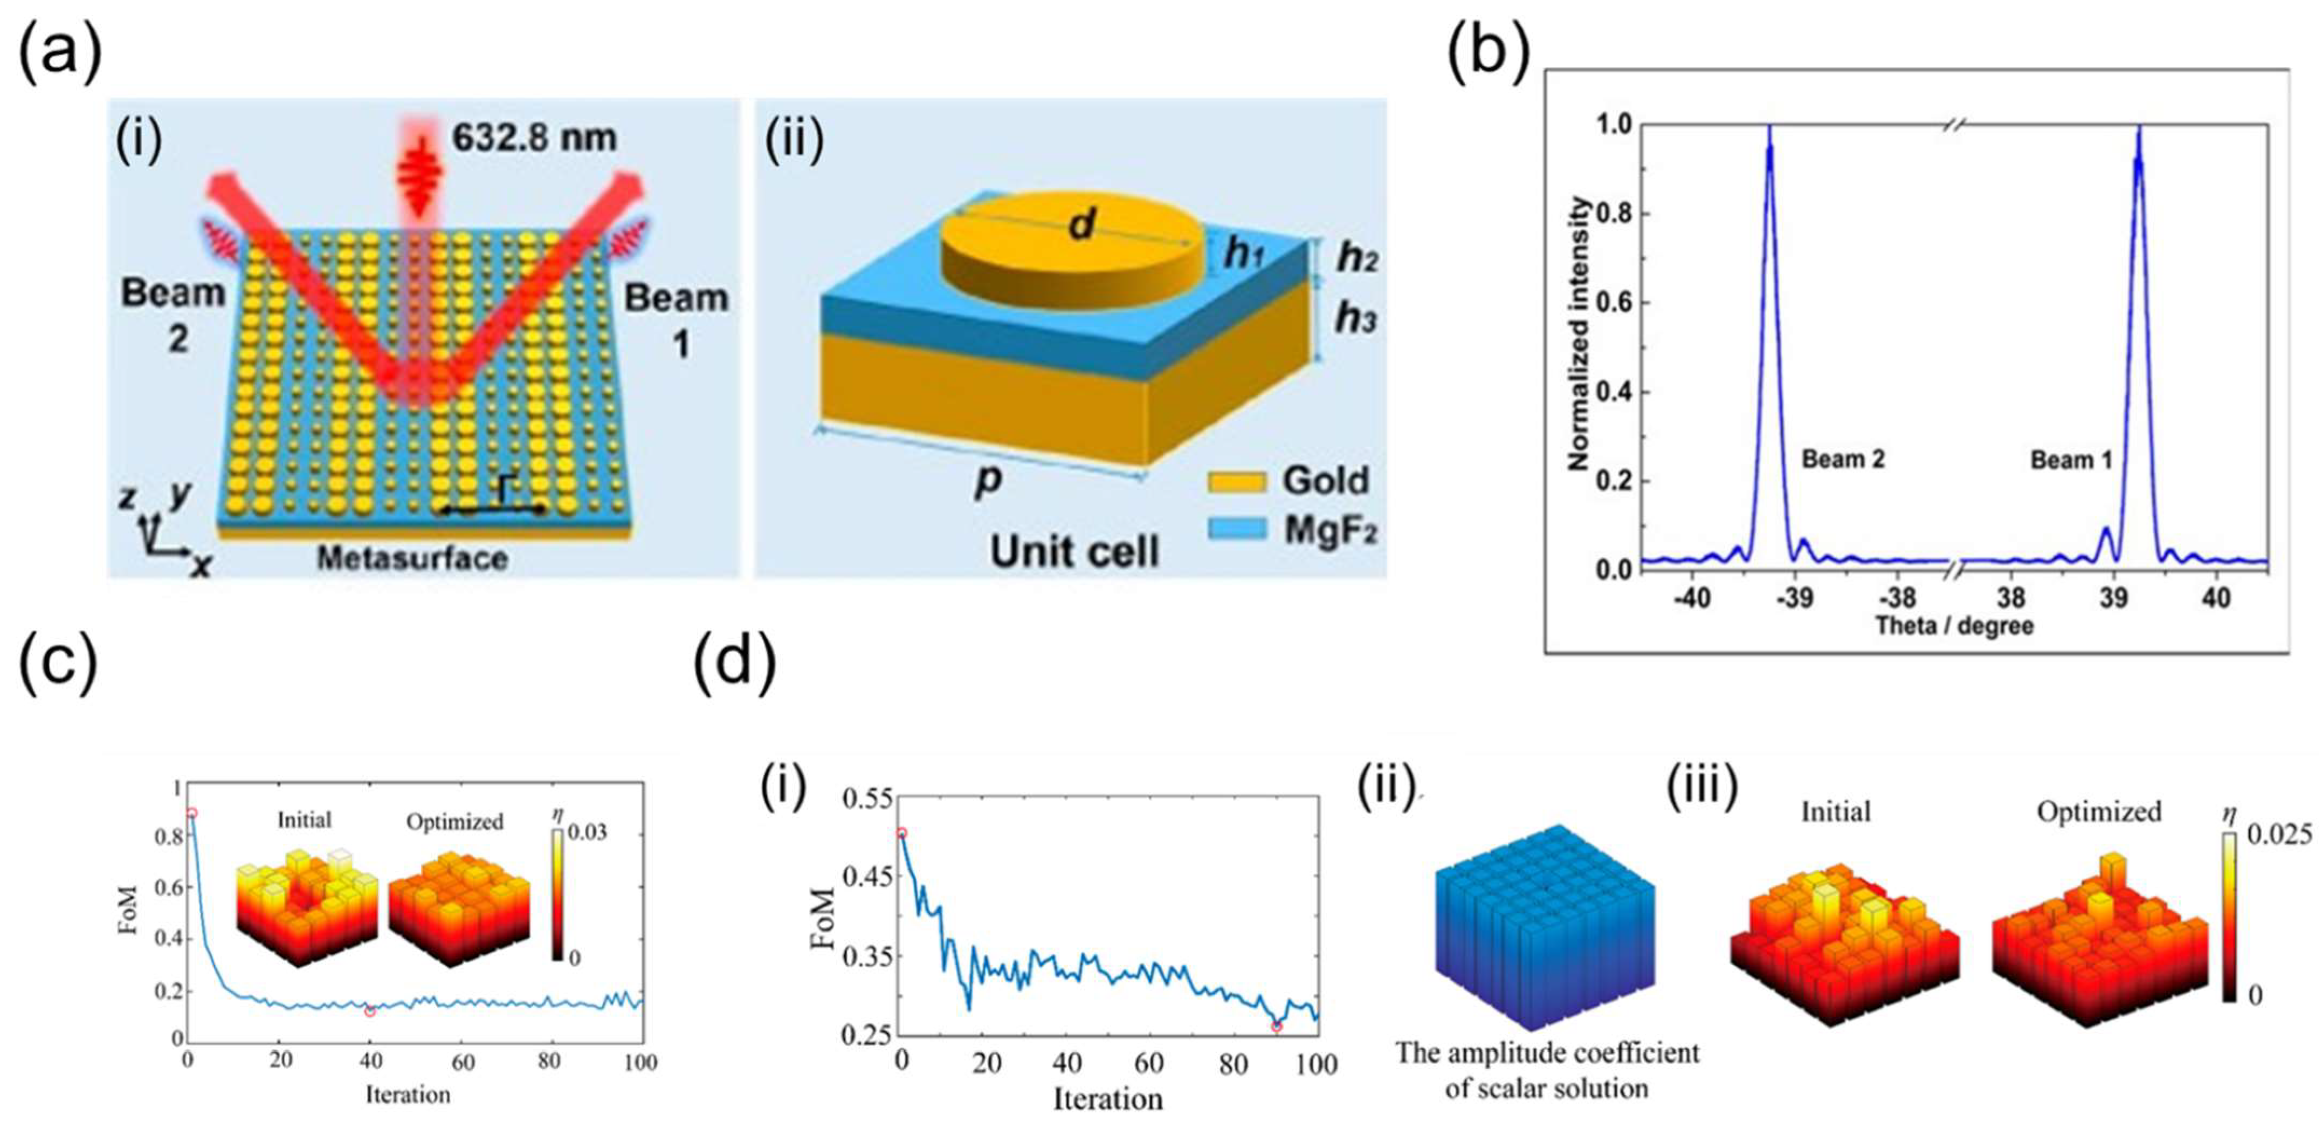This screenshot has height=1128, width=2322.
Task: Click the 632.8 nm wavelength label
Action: [534, 138]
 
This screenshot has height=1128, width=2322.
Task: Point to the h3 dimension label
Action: [1355, 318]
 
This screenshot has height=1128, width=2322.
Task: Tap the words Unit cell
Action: [1074, 550]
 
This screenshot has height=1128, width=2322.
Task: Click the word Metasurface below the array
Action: [412, 558]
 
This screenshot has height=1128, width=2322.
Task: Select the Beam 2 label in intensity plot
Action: [1843, 459]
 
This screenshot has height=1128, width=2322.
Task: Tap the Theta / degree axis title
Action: [1954, 626]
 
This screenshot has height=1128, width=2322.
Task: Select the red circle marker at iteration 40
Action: [370, 1011]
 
